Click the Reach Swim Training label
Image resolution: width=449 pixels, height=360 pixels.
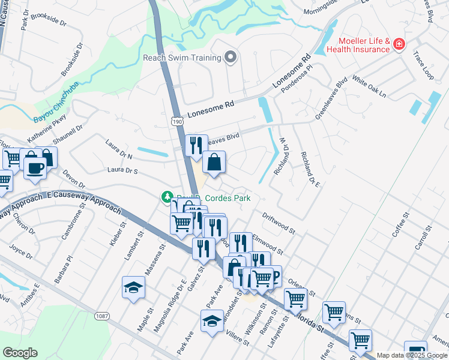(181, 58)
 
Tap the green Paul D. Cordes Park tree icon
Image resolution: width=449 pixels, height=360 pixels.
(167, 197)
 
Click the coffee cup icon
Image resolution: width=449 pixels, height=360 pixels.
(35, 167)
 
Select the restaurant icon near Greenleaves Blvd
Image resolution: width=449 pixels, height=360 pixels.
(196, 146)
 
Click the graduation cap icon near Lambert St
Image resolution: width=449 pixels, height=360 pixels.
(133, 287)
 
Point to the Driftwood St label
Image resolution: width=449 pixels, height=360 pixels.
(279, 222)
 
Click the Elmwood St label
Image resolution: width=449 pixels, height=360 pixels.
(267, 242)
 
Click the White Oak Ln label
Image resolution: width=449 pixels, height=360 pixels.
(369, 87)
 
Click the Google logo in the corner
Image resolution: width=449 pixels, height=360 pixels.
(20, 353)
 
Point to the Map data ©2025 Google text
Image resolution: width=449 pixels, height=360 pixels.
(412, 355)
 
